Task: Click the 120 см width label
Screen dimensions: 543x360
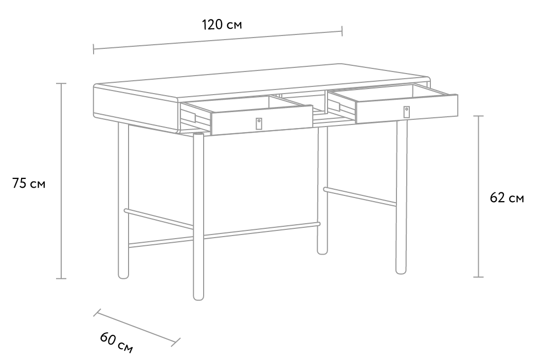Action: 222,25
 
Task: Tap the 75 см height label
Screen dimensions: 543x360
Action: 29,183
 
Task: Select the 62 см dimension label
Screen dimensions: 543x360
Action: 507,198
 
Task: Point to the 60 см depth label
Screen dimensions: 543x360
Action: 116,343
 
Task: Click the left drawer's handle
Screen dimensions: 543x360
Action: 259,123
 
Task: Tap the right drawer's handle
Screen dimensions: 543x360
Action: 407,112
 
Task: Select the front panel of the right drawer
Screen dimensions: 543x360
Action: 407,109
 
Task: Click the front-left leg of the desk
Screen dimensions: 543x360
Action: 198,216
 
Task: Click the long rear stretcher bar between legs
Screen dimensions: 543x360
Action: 224,235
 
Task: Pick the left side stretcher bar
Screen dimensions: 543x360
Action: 158,219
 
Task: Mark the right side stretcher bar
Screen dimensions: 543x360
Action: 360,196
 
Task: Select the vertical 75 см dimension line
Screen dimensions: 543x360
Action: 61,181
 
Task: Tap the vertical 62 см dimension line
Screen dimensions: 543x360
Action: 479,196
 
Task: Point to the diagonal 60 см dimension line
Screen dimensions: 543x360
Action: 137,328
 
